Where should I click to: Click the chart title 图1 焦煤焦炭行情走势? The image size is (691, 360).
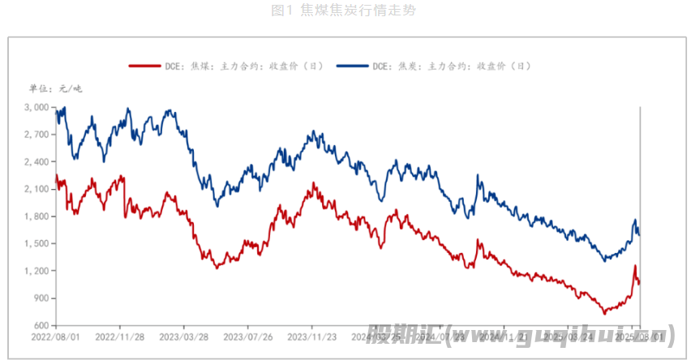click(x=345, y=11)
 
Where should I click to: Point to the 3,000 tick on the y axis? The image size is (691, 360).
click(x=36, y=107)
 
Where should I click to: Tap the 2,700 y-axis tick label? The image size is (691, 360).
click(x=36, y=135)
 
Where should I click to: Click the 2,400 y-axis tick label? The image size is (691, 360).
click(x=36, y=162)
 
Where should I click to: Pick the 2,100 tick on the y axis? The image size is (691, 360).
click(x=36, y=189)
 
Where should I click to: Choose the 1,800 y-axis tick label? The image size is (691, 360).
click(x=36, y=216)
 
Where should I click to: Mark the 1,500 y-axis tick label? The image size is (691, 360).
click(x=36, y=244)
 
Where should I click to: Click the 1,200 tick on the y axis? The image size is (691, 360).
click(x=36, y=271)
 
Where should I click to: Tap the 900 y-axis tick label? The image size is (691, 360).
click(x=40, y=298)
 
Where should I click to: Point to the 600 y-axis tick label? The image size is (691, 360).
click(x=40, y=326)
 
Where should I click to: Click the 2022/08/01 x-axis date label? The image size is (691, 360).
click(x=55, y=336)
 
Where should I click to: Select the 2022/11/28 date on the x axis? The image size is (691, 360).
click(x=119, y=336)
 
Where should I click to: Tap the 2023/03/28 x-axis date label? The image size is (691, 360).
click(x=183, y=336)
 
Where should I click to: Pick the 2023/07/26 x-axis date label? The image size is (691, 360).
click(x=247, y=336)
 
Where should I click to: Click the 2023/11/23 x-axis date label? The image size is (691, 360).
click(x=311, y=336)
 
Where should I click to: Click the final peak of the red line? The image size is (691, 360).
click(x=635, y=266)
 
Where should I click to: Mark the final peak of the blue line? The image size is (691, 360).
click(x=635, y=220)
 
